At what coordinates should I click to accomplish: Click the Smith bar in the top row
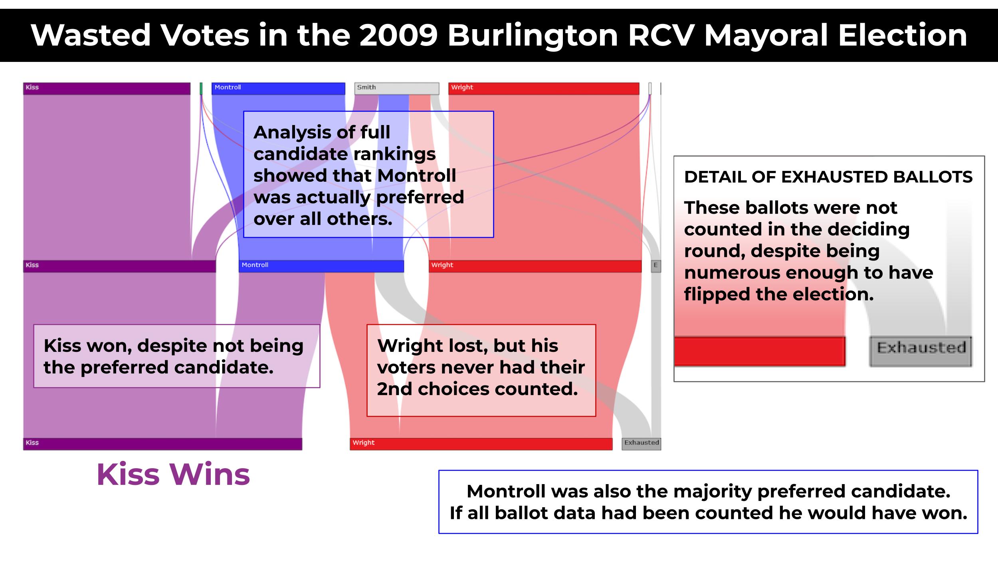(397, 88)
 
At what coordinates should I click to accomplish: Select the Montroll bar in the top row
(278, 88)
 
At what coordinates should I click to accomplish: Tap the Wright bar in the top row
(544, 88)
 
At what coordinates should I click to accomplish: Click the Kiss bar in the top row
(107, 88)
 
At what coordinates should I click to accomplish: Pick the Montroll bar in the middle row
(321, 266)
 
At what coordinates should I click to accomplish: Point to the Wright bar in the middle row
(535, 266)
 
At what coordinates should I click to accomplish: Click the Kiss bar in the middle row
(119, 266)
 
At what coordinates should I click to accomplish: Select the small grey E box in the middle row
(656, 266)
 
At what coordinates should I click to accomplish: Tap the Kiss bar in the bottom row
(162, 444)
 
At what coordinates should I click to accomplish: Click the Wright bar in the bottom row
(481, 444)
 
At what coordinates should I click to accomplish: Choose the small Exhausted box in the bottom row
(642, 444)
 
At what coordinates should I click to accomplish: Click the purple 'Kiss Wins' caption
(173, 475)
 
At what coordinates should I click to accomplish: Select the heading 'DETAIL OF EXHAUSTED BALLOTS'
(828, 177)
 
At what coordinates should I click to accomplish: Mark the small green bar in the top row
(201, 88)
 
